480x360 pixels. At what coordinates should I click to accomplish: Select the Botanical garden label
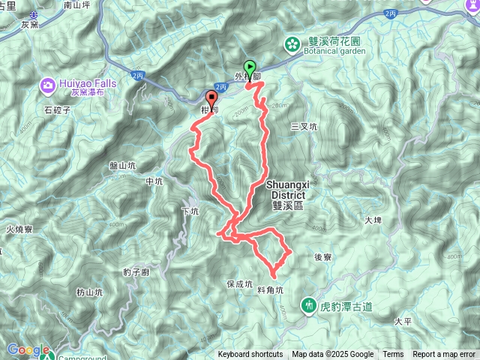pyautogui.click(x=336, y=52)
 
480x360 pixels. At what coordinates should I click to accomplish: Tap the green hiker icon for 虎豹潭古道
pyautogui.click(x=308, y=305)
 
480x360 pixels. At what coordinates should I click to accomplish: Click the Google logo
pyautogui.click(x=28, y=349)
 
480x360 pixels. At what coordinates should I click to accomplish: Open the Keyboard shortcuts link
pyautogui.click(x=250, y=355)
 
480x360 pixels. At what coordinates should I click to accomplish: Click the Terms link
pyautogui.click(x=393, y=355)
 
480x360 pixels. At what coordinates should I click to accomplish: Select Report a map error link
pyautogui.click(x=444, y=355)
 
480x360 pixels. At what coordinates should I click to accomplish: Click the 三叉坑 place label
pyautogui.click(x=304, y=127)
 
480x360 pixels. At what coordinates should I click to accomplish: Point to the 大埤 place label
pyautogui.click(x=373, y=220)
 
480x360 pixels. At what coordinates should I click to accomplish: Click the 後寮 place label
pyautogui.click(x=322, y=256)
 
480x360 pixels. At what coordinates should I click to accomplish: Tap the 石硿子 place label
pyautogui.click(x=56, y=109)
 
